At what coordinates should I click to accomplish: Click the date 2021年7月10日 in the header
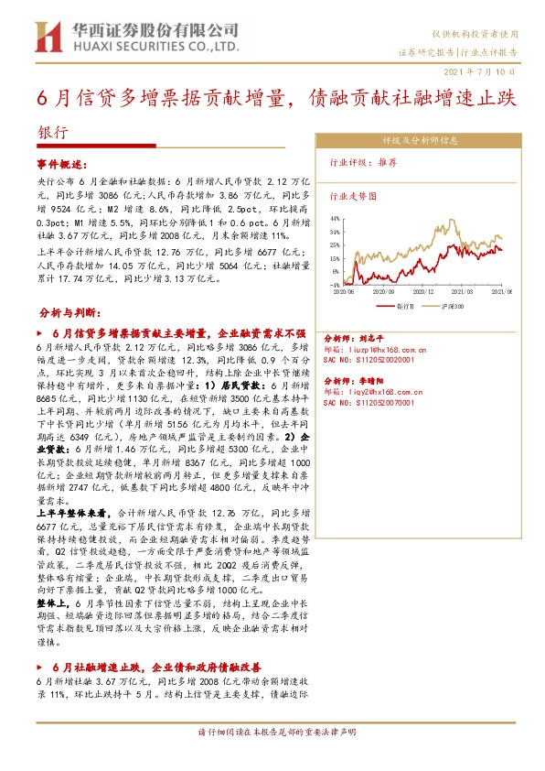coord(486,71)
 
